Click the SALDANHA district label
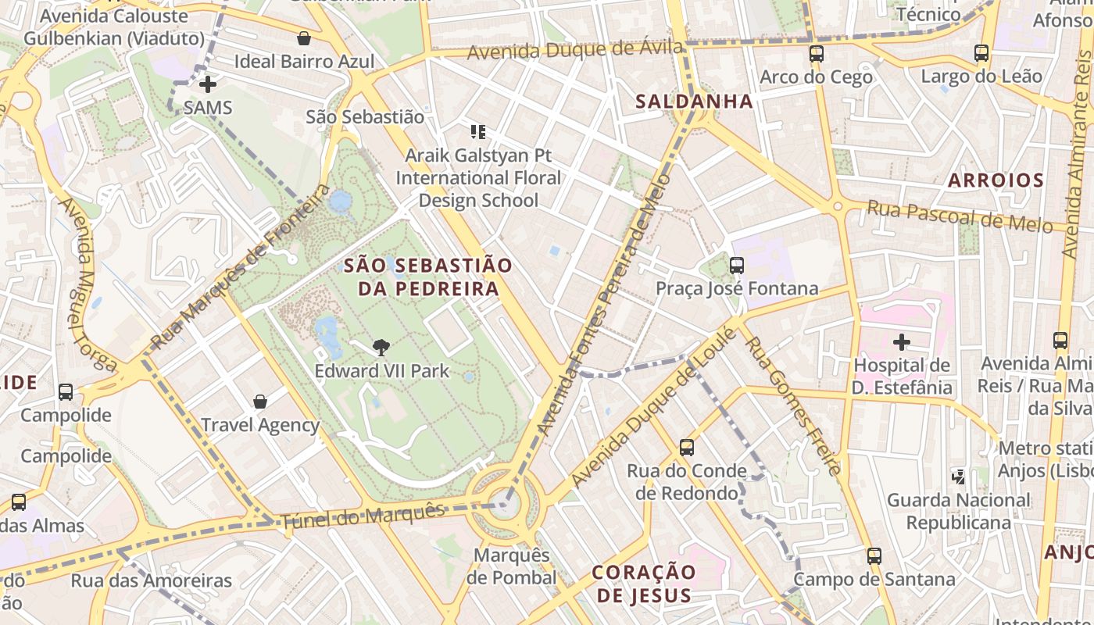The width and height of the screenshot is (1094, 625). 694,102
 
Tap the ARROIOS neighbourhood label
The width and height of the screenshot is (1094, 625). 996,180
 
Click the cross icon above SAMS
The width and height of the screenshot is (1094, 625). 208,84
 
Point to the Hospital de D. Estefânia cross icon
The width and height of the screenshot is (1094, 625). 902,342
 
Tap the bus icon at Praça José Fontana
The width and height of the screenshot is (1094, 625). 736,266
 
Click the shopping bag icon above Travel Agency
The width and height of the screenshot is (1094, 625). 260,402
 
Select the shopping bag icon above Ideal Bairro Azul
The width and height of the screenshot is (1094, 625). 304,38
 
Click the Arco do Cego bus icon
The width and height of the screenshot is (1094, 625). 816,54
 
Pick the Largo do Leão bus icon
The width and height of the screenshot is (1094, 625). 981,53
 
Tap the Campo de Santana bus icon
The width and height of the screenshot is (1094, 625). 874,556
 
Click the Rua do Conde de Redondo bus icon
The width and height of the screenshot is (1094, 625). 686,448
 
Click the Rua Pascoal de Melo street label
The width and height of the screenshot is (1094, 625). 960,216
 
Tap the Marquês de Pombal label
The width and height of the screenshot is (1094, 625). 511,566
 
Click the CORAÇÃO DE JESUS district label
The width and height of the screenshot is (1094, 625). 644,584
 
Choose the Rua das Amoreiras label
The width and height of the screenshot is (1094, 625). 152,580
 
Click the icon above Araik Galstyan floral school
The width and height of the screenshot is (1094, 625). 478,132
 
